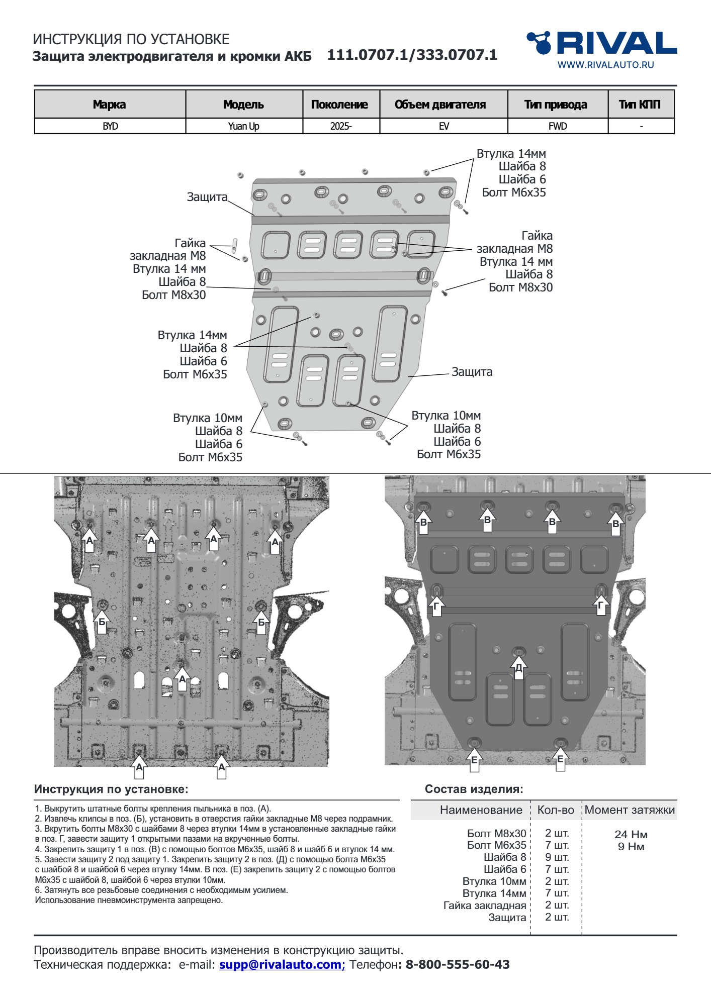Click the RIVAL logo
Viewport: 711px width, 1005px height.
(601, 43)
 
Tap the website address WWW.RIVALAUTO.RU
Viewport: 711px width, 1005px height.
(605, 65)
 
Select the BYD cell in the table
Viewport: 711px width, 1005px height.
(110, 126)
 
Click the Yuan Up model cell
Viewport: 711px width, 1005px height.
(244, 126)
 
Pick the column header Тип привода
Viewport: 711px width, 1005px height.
(556, 105)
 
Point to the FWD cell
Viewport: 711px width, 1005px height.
(558, 126)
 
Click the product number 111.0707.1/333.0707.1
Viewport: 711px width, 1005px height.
(412, 55)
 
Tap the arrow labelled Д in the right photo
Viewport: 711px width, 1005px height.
(519, 667)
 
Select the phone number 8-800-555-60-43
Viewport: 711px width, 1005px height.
(457, 964)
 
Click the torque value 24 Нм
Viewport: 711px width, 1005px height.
(631, 834)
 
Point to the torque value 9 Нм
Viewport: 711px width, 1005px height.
(631, 846)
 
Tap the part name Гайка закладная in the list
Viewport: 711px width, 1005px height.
(484, 905)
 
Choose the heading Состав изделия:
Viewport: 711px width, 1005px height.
(474, 789)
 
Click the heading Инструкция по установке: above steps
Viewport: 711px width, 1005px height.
(111, 789)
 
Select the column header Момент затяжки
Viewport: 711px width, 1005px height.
(630, 810)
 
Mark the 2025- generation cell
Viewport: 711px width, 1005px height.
(341, 126)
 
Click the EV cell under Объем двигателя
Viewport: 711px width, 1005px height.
(443, 126)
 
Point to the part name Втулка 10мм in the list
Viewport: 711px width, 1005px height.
(494, 881)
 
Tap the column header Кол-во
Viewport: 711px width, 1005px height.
(556, 810)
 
